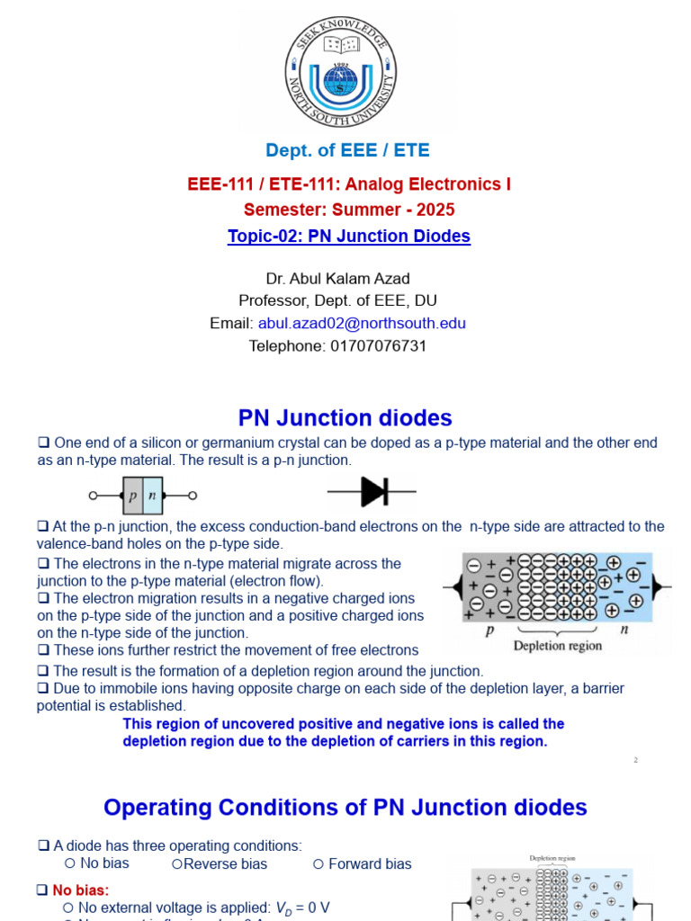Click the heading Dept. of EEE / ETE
tap(347, 150)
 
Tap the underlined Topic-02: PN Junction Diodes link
tap(349, 237)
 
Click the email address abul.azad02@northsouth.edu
tap(362, 324)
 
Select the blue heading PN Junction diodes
tap(345, 418)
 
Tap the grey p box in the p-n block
tap(132, 496)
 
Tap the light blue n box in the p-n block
tap(153, 496)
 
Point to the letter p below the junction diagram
tap(489, 630)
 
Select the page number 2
tap(635, 761)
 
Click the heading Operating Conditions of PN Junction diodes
tap(345, 808)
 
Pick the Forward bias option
tap(370, 863)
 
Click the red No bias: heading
tap(80, 890)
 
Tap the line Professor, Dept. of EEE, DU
tap(338, 301)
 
